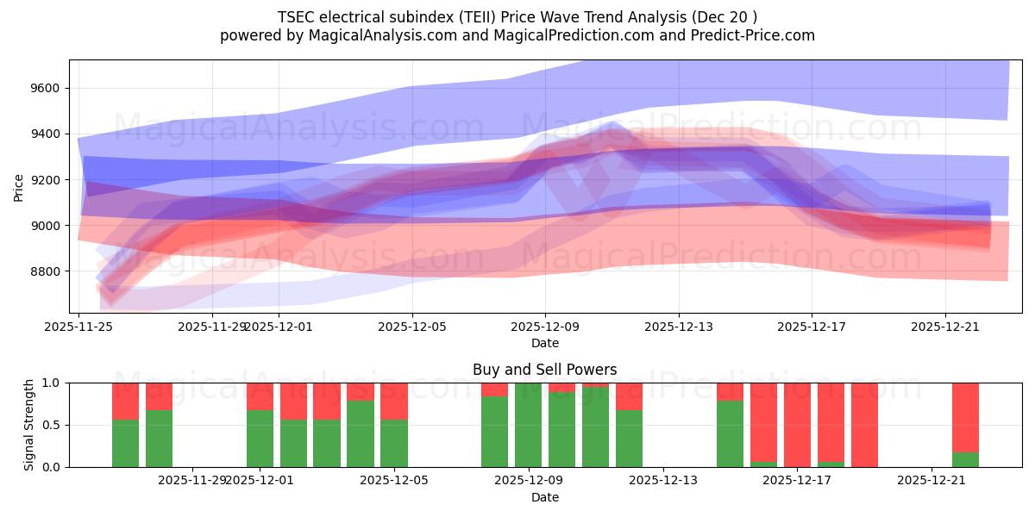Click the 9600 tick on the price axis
(43, 89)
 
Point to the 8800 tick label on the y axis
(43, 271)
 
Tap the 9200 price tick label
(43, 180)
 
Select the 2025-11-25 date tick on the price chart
(79, 327)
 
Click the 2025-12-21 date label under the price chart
(944, 327)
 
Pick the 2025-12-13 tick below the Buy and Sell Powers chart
(663, 481)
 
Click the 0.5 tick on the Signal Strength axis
(51, 425)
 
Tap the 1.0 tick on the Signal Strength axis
(51, 383)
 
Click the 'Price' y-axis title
(19, 187)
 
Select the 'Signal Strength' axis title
(28, 425)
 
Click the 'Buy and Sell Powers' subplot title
(544, 370)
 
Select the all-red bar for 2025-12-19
(864, 425)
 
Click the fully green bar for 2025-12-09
(528, 425)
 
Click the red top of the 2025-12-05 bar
(394, 401)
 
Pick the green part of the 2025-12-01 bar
(260, 439)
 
